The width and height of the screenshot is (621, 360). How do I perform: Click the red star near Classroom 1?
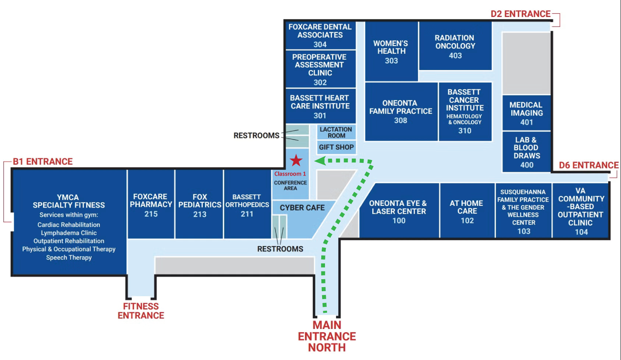pyautogui.click(x=296, y=160)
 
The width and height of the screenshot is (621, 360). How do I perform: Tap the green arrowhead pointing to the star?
pyautogui.click(x=320, y=161)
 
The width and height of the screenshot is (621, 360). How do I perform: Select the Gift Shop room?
pyautogui.click(x=336, y=147)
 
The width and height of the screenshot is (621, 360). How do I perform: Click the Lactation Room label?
pyautogui.click(x=336, y=133)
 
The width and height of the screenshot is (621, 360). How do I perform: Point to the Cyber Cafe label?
pyautogui.click(x=302, y=208)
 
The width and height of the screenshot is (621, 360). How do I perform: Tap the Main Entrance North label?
pyautogui.click(x=327, y=336)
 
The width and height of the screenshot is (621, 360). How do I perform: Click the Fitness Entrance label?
pyautogui.click(x=141, y=311)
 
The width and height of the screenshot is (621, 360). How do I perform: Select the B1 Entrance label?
pyautogui.click(x=43, y=162)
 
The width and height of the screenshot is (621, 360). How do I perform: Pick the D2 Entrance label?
pyautogui.click(x=520, y=14)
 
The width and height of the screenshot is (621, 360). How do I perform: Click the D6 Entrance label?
pyautogui.click(x=588, y=165)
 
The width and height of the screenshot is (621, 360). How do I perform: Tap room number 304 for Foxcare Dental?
pyautogui.click(x=320, y=44)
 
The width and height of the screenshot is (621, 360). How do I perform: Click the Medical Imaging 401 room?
pyautogui.click(x=526, y=113)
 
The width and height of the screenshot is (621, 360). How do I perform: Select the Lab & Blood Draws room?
pyautogui.click(x=527, y=152)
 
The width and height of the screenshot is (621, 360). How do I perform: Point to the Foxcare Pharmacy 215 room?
pyautogui.click(x=151, y=205)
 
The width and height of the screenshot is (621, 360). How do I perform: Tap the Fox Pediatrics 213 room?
pyautogui.click(x=200, y=205)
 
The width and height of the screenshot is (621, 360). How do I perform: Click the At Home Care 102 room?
pyautogui.click(x=467, y=211)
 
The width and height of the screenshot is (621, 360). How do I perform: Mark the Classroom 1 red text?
pyautogui.click(x=290, y=174)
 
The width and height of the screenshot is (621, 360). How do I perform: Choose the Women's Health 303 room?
pyautogui.click(x=391, y=52)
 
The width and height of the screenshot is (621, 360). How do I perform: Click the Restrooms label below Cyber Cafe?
pyautogui.click(x=280, y=249)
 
